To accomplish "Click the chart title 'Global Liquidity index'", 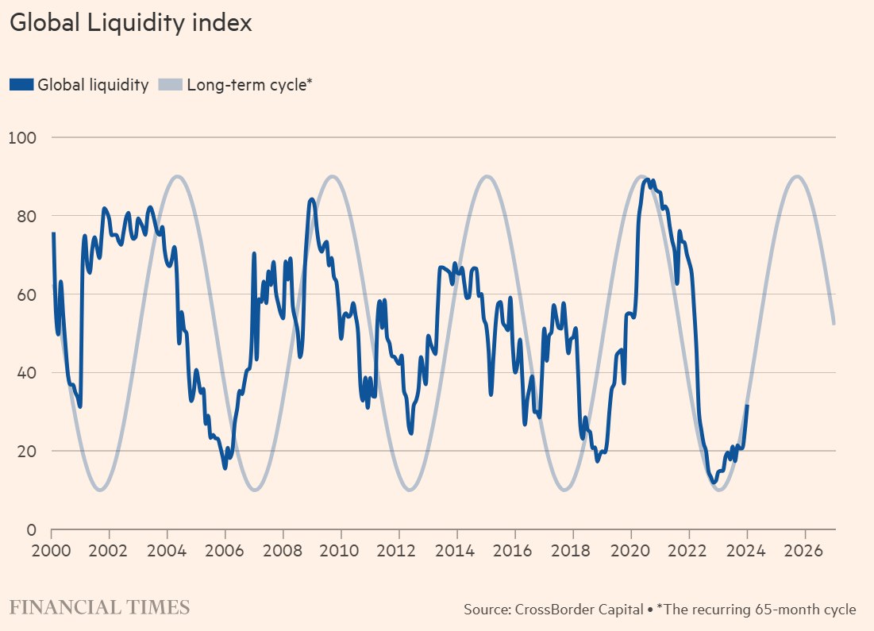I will point(130,24).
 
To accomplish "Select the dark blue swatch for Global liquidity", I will point(21,85).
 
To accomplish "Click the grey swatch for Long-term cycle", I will point(170,85).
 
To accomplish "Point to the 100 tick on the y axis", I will point(23,137).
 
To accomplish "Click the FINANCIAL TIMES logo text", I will point(100,609).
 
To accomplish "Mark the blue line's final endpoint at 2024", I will point(747,406).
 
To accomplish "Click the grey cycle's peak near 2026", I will point(797,176).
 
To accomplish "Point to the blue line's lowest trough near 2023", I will point(714,482).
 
